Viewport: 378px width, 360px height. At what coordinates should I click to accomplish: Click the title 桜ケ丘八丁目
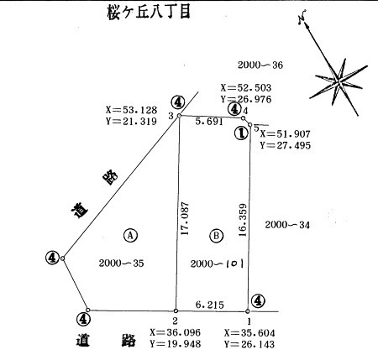tap(149, 12)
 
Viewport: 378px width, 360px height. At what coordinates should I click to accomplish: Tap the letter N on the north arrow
tap(302, 18)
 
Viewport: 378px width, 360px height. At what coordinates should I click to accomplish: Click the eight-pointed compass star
tap(339, 81)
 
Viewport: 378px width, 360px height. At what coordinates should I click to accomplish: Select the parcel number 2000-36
tap(260, 65)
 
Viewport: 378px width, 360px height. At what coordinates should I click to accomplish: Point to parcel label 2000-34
tap(287, 225)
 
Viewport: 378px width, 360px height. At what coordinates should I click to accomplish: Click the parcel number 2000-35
tap(121, 263)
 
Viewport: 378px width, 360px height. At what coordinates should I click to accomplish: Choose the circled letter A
tap(130, 235)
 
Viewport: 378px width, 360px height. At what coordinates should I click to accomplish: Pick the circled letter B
tap(217, 236)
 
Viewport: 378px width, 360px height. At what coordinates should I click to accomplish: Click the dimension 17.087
tap(185, 218)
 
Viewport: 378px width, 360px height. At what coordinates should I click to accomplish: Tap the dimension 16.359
tap(243, 220)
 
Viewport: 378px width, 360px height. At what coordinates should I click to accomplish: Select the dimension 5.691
tap(209, 122)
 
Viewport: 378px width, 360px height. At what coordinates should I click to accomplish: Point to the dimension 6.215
tap(210, 305)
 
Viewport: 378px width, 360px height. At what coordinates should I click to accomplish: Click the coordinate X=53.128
tap(131, 110)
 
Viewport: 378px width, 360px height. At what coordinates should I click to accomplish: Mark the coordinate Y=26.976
tap(246, 99)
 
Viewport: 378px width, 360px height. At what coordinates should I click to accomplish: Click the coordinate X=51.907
tap(285, 134)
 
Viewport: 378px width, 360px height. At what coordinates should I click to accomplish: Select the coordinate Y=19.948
tap(176, 344)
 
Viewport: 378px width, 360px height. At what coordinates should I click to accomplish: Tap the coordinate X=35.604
tap(249, 333)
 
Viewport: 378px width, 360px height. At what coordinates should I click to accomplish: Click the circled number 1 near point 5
tap(241, 133)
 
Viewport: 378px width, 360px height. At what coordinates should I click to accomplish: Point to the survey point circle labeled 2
tap(176, 310)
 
